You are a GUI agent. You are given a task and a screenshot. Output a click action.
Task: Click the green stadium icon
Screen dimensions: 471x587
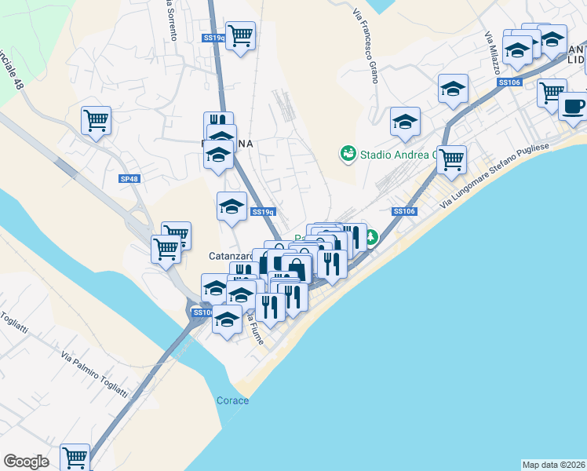click(x=346, y=154)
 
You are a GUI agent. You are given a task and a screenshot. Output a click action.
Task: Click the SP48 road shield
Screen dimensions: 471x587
click(x=129, y=179)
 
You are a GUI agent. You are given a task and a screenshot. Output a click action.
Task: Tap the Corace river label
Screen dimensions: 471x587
click(x=232, y=400)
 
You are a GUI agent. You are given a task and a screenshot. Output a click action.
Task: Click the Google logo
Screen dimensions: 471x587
click(x=26, y=462)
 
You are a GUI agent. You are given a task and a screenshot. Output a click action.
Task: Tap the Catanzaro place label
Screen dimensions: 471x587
click(x=229, y=256)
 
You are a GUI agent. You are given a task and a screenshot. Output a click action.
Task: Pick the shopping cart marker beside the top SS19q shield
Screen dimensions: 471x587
click(x=240, y=35)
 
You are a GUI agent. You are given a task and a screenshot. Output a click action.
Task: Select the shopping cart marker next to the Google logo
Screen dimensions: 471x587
click(x=75, y=456)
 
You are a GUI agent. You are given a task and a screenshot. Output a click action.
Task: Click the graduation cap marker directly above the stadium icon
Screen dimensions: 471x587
click(x=405, y=121)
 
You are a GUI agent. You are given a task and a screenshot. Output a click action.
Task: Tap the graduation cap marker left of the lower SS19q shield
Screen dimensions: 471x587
click(x=232, y=206)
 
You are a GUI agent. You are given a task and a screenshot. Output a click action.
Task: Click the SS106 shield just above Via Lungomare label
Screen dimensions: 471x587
click(x=403, y=211)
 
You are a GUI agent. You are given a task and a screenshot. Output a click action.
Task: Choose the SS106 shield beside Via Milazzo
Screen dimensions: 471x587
click(x=509, y=82)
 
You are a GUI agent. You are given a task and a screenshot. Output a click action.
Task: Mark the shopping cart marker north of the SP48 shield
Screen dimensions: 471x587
click(x=97, y=121)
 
